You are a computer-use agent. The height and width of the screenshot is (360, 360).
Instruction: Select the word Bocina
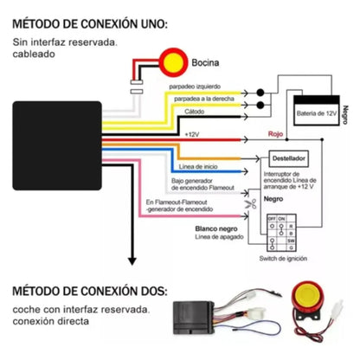pos(205,62)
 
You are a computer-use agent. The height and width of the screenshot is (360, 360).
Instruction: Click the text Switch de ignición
pos(284,257)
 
